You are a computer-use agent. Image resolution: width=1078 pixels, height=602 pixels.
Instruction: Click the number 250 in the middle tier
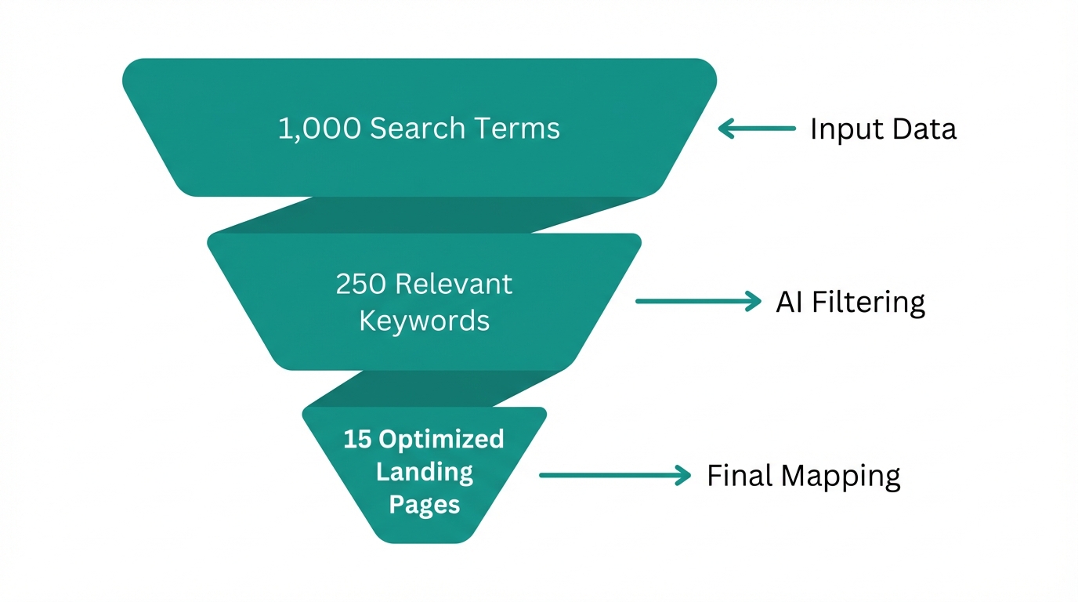click(x=360, y=284)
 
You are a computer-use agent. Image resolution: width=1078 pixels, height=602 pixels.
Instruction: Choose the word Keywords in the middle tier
click(x=424, y=321)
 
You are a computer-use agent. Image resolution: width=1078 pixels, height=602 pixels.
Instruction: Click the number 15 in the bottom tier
click(x=356, y=439)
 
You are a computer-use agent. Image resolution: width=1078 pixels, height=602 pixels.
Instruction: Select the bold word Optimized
click(x=441, y=439)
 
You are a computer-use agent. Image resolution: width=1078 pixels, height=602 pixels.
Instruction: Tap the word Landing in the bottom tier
click(x=424, y=472)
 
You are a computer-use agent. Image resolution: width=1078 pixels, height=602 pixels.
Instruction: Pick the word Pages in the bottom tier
click(x=424, y=504)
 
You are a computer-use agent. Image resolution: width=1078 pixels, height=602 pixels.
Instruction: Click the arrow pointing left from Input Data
click(x=757, y=129)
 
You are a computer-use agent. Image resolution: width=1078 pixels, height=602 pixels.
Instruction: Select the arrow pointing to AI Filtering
click(x=697, y=301)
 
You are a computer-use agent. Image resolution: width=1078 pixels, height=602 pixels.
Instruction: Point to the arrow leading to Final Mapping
click(x=615, y=475)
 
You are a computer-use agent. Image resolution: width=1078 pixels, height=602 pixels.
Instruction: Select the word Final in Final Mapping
click(x=736, y=476)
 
